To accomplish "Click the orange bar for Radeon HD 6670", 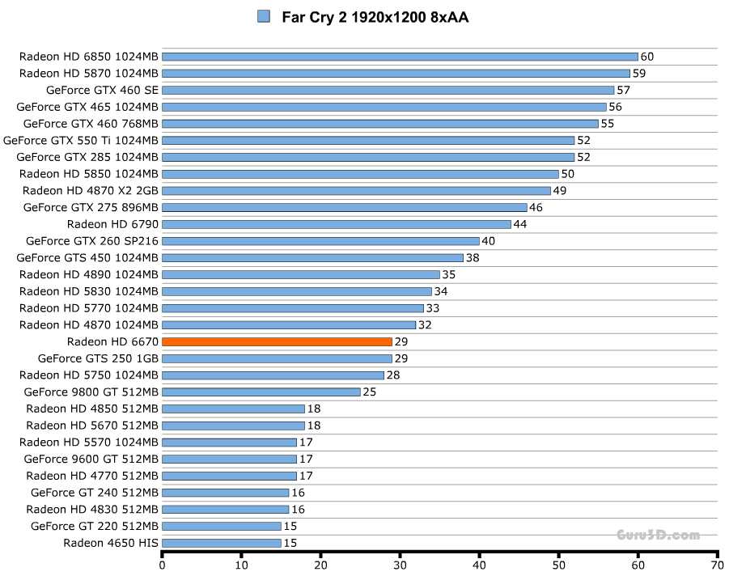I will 277,341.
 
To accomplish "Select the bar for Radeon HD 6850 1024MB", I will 400,57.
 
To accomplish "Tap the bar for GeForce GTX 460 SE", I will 388,90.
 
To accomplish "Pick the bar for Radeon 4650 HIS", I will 222,543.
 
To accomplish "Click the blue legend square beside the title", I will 263,16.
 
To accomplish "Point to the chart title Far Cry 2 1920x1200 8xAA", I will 375,17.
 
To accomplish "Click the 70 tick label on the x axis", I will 716,565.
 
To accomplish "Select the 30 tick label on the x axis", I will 400,565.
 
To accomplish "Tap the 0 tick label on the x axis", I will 163,565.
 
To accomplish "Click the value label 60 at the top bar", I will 646,57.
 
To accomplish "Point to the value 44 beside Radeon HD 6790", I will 519,224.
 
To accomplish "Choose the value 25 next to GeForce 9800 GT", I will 369,392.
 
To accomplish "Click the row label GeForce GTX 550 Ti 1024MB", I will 81,140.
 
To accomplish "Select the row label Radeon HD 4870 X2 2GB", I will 91,190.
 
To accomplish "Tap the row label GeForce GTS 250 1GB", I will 98,358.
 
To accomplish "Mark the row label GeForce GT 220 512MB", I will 95,526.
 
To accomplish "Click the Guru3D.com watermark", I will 657,535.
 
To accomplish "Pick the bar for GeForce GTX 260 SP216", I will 320,240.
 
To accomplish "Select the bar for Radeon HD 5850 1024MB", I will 360,174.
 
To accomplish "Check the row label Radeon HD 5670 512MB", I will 92,426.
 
